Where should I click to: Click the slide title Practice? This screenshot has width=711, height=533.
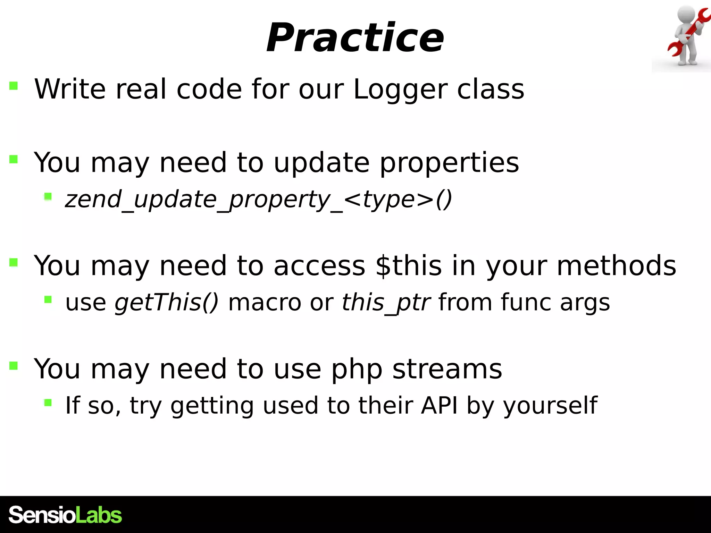[x=355, y=37]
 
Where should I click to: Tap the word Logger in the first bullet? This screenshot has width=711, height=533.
[x=400, y=90]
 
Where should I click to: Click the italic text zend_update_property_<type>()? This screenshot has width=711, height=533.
[x=258, y=200]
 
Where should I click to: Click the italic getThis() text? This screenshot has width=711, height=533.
[x=167, y=302]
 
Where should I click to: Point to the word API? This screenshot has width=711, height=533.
[x=439, y=405]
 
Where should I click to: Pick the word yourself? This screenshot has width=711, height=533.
[x=550, y=406]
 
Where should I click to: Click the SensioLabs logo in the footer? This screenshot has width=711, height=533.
[x=65, y=515]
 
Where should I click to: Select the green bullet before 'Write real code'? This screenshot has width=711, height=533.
[x=14, y=85]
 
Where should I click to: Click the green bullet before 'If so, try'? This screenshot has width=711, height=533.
[x=48, y=403]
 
